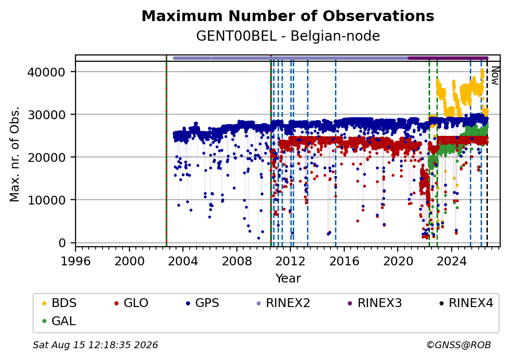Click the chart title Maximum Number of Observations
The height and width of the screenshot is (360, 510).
point(288,16)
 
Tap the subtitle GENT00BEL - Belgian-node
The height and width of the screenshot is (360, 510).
point(288,36)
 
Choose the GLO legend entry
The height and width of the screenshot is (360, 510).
point(131,303)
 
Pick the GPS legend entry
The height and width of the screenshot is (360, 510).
point(203,303)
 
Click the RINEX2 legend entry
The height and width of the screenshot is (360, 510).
point(283,303)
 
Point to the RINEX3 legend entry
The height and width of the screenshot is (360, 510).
point(375,303)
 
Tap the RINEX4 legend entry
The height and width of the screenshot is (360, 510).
point(466,303)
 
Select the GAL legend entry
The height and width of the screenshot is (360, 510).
point(59,321)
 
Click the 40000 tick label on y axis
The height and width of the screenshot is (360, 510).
point(47,72)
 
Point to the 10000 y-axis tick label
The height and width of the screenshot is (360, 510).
point(47,200)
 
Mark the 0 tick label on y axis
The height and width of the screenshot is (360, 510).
point(62,243)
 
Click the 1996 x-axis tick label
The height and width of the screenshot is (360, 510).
point(76,261)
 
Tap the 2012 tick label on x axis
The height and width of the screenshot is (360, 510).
point(290,261)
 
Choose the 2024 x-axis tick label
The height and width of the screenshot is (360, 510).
point(452,261)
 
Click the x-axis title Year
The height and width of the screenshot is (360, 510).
point(288,279)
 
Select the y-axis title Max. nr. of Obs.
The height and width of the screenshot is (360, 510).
point(15,154)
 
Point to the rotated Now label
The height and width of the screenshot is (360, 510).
point(495,76)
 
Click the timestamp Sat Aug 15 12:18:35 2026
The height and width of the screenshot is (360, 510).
point(95,345)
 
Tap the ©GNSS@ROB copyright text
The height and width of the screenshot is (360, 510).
point(459,345)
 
